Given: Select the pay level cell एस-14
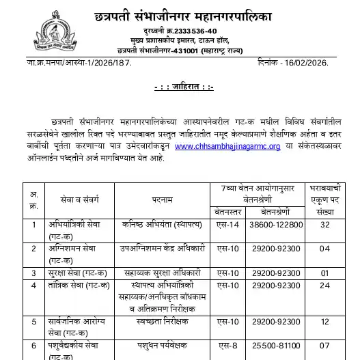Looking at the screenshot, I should coord(225,223).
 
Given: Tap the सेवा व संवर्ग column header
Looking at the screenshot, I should coord(63,198).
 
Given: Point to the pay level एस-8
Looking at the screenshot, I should coord(225,346).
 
